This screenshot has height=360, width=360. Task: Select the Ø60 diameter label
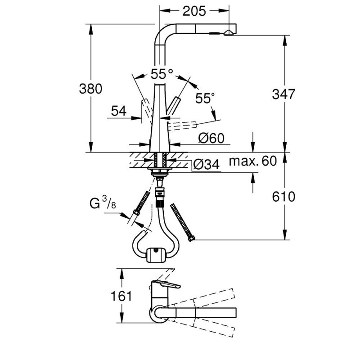211,139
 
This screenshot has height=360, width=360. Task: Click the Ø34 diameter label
206,166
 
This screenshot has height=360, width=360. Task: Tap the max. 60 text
252,161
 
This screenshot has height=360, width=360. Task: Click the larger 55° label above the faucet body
162,72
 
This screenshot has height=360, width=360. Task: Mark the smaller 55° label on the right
205,98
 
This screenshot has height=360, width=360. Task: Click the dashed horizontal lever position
183,125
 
